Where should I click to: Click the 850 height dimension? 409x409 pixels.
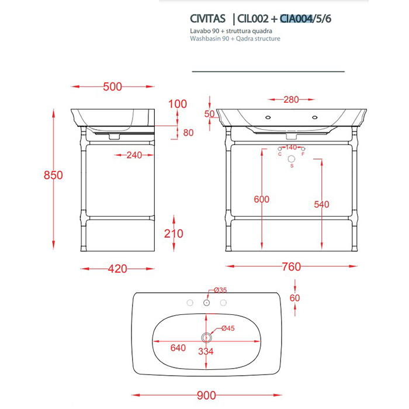click(x=53, y=175)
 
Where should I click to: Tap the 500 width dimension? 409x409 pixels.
click(x=112, y=86)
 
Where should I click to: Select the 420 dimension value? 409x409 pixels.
click(x=117, y=269)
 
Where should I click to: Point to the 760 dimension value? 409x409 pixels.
click(x=290, y=267)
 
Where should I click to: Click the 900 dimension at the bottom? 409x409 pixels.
click(x=205, y=396)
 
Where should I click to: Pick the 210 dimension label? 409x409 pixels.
click(x=173, y=234)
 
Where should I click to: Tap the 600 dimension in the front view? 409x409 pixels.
click(x=262, y=199)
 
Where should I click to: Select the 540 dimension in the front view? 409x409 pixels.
click(x=321, y=204)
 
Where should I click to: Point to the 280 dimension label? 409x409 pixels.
click(x=292, y=99)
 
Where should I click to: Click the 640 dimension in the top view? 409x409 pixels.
click(x=178, y=348)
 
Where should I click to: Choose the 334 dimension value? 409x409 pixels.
click(x=205, y=351)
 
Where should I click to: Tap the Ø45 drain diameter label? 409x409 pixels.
click(x=227, y=329)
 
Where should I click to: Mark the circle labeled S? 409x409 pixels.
click(x=292, y=159)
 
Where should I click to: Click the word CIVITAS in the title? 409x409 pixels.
click(x=207, y=19)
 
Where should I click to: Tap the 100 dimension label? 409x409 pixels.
click(x=177, y=105)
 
